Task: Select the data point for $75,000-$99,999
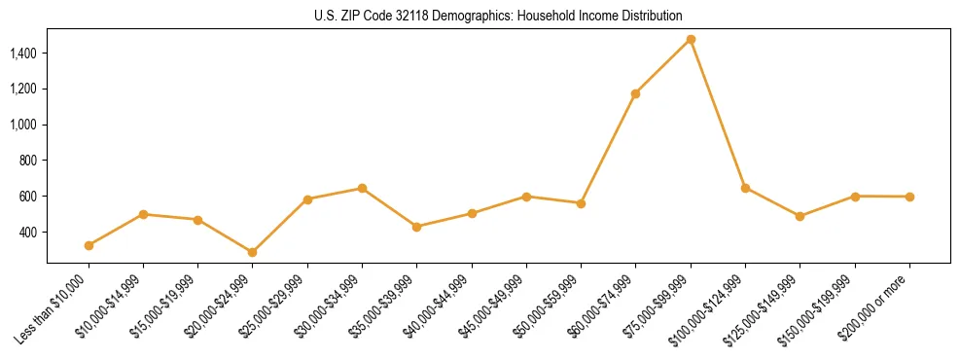[691, 40]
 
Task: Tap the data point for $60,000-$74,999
[636, 93]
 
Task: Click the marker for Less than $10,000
[89, 245]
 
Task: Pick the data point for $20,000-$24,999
[253, 252]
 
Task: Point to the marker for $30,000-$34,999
[362, 188]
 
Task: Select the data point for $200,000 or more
[909, 197]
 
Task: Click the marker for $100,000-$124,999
[745, 188]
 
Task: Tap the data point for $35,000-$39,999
[417, 227]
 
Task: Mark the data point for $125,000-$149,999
[800, 216]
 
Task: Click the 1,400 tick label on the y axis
[23, 53]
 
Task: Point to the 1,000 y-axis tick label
[23, 125]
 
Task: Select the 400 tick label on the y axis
[28, 233]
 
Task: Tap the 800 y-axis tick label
[28, 161]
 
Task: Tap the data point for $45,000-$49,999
[526, 197]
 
